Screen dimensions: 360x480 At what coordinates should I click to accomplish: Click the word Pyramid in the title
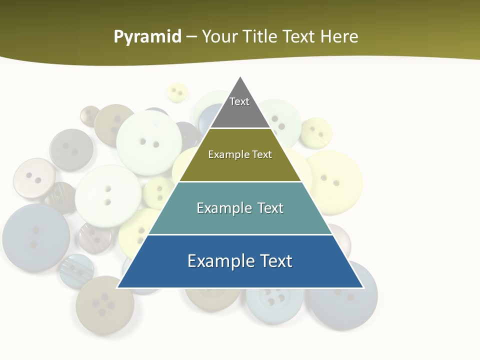[x=147, y=37]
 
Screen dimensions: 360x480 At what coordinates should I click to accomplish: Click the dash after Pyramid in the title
[x=191, y=37]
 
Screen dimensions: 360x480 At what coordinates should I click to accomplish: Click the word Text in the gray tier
[x=239, y=101]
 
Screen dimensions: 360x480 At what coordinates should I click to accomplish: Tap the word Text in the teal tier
[x=271, y=208]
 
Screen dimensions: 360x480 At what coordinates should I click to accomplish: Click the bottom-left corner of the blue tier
[x=117, y=287]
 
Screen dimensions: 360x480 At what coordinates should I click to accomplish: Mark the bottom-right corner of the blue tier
[x=363, y=287]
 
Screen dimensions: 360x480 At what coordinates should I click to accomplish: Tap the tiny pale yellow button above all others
[x=176, y=92]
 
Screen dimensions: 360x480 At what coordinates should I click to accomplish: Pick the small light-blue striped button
[x=76, y=270]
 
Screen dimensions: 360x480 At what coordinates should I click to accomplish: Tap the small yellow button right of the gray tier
[x=316, y=132]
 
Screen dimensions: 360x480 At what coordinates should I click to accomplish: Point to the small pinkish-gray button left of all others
[x=34, y=177]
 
